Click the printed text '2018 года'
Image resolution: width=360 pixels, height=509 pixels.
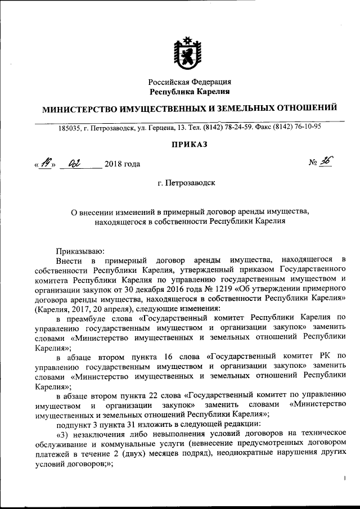click(x=122, y=164)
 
